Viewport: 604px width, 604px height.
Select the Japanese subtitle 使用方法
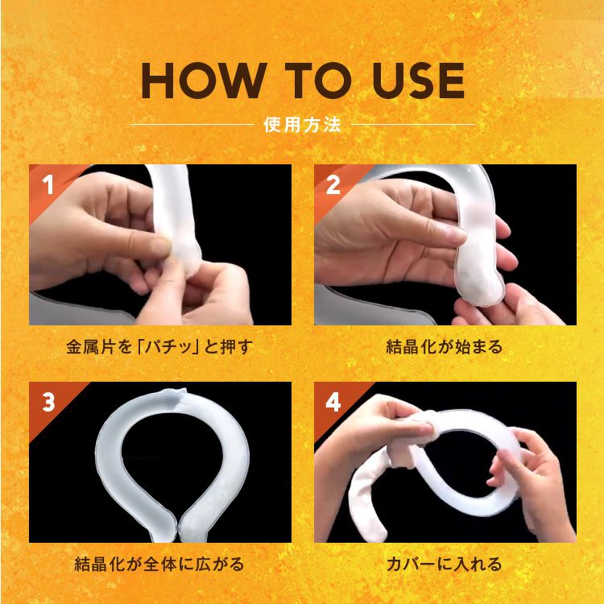302,125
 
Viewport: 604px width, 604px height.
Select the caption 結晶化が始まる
445,348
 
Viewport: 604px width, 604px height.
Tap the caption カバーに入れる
445,564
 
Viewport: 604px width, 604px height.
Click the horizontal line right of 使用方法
413,125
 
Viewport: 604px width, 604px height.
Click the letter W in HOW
245,81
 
